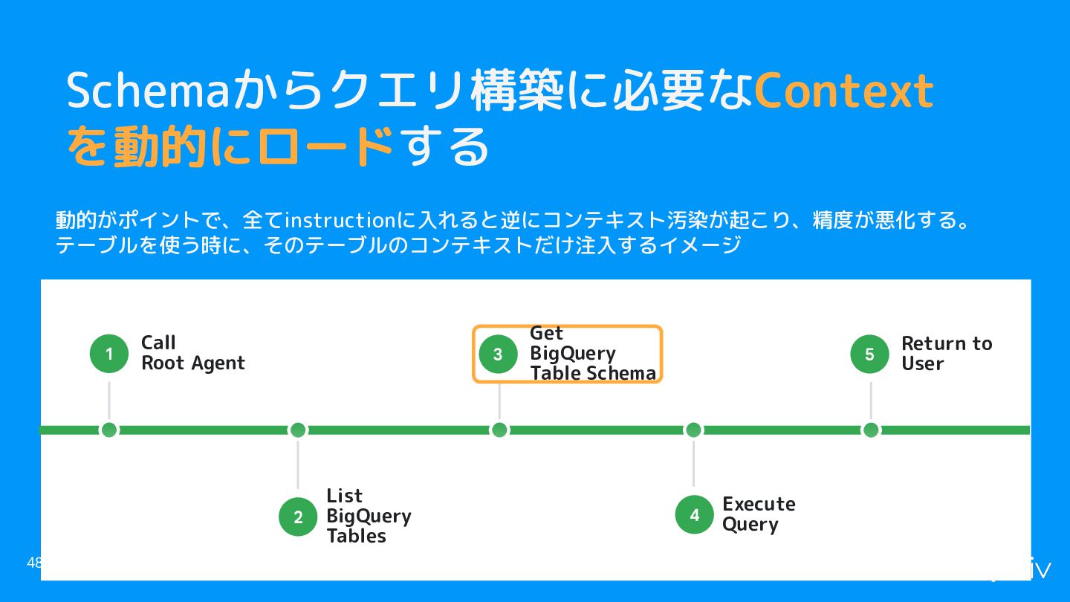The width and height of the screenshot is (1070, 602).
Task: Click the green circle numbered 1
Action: [109, 354]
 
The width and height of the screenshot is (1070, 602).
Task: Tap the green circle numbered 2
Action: [298, 517]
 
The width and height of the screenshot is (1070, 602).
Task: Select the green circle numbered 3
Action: [498, 354]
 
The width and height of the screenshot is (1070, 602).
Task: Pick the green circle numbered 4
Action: [695, 514]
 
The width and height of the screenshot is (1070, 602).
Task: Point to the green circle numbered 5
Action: [869, 354]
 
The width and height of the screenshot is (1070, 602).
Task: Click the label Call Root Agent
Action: [193, 353]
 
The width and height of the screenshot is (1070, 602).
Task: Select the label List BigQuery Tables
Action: [369, 516]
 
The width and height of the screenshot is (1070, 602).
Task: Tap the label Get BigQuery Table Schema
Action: [593, 353]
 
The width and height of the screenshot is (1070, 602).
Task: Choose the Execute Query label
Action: [759, 514]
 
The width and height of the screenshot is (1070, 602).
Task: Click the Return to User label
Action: [947, 353]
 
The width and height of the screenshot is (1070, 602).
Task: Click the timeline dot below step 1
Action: [109, 430]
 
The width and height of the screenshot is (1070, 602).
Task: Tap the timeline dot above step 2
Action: [298, 430]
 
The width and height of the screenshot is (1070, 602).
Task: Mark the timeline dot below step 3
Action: [499, 430]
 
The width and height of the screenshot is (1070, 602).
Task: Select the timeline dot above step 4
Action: [693, 430]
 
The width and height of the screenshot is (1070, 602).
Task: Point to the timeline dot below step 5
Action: [871, 430]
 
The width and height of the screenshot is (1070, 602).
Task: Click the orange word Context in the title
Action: [843, 91]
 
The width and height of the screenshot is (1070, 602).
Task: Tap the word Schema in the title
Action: [148, 89]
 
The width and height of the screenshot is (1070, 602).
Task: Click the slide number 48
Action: [33, 563]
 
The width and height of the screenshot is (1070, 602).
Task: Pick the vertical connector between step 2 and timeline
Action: [298, 465]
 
